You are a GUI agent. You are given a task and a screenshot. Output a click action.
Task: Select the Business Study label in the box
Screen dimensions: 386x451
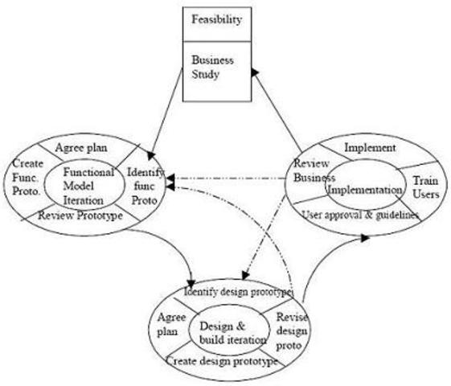(x=213, y=67)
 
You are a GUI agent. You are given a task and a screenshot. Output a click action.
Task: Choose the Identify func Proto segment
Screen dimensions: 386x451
(x=146, y=185)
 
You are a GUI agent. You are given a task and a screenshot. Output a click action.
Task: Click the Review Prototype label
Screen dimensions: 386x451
(x=80, y=216)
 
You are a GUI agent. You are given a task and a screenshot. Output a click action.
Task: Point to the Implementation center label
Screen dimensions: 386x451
(x=364, y=190)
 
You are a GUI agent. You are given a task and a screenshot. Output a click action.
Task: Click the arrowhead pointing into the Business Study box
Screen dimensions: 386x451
(x=255, y=72)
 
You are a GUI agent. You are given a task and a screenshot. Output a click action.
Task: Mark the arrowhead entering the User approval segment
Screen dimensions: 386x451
(x=366, y=237)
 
